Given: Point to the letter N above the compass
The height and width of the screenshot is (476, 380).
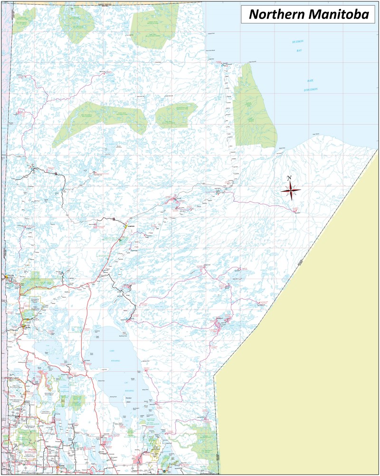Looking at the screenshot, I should [x=290, y=178].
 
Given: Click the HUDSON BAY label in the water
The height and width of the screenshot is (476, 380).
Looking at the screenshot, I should [x=298, y=46].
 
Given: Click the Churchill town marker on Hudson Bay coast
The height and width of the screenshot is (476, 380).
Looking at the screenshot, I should [x=224, y=63].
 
